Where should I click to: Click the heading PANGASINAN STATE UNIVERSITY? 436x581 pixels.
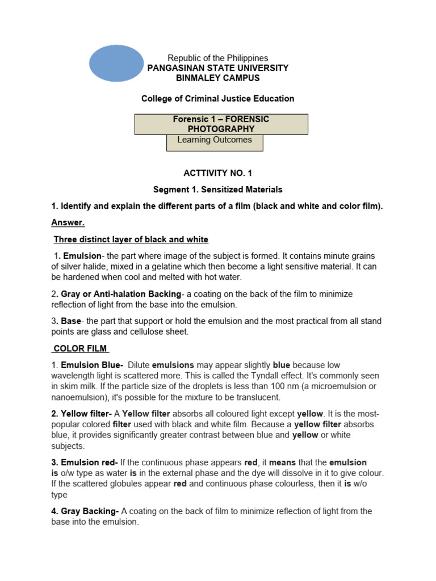pos(218,68)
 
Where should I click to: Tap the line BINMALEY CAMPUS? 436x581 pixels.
pos(218,78)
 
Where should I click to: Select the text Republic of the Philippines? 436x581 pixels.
pos(218,58)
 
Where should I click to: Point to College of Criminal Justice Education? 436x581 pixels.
pos(218,99)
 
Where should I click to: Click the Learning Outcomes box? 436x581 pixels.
pos(215,141)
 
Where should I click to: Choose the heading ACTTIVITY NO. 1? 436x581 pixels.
pos(218,173)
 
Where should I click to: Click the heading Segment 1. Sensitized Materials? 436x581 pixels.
pos(218,190)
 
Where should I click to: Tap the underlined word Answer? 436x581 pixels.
pos(68,222)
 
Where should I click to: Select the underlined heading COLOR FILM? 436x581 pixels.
pos(80,348)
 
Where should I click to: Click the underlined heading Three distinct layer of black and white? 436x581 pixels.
pos(131,239)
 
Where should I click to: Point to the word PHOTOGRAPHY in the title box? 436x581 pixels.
pos(221,129)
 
